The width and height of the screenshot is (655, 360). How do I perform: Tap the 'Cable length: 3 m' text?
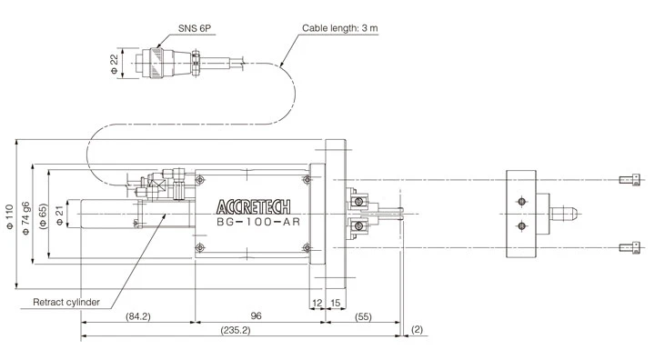[341, 29]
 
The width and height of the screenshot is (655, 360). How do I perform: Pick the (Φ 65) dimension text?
[42, 215]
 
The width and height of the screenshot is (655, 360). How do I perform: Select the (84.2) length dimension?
[137, 316]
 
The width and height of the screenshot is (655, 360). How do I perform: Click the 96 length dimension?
[256, 316]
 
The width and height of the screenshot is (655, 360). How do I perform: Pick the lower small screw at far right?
[629, 247]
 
